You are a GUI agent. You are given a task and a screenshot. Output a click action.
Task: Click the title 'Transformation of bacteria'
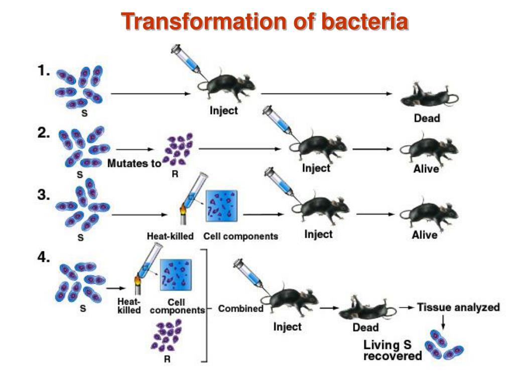click(265, 22)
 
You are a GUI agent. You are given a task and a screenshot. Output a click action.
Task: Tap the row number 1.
click(44, 71)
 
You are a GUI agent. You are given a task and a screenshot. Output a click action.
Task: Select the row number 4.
click(44, 257)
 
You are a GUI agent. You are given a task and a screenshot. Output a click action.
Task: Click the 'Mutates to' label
click(134, 163)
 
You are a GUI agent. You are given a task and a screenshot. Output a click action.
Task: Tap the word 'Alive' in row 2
click(426, 169)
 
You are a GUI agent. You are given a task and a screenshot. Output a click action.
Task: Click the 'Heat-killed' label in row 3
click(170, 236)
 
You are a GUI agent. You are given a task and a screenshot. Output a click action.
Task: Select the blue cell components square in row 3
click(221, 207)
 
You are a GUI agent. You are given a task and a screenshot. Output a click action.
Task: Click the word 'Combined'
click(240, 309)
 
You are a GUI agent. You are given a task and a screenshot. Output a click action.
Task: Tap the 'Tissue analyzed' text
click(458, 307)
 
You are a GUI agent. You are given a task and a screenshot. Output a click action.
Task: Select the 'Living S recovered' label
click(392, 351)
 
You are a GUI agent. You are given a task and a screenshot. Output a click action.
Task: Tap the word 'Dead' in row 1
click(427, 119)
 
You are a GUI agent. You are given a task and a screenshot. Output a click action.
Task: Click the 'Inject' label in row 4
click(287, 327)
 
